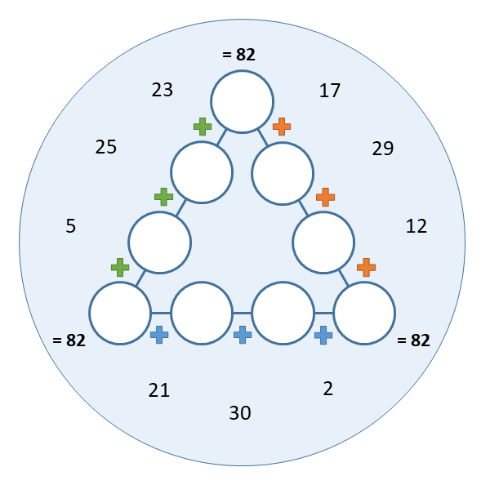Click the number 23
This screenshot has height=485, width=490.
pos(163,90)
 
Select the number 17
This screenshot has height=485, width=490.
pos(330,91)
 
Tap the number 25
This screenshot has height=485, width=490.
pos(106,147)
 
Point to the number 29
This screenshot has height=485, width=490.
pos(383,149)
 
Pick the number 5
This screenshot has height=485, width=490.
pos(70,226)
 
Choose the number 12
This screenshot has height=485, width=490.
pos(416,226)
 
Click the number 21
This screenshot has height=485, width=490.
pos(158,390)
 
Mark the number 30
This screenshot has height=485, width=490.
pos(240,413)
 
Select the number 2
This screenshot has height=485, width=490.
pos(327,389)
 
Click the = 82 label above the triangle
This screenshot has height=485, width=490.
pos(238,55)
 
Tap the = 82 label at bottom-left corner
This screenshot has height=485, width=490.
pos(69,340)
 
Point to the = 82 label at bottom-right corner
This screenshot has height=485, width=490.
pos(413,340)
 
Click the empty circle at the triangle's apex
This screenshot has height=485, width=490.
pos(243,102)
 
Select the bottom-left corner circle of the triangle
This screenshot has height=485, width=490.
pos(120,313)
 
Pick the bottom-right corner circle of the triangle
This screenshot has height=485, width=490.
pos(364,313)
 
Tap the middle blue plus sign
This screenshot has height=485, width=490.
pos(243,335)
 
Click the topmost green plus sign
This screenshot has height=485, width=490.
pos(203,127)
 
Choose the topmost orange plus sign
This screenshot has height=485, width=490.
pos(282,127)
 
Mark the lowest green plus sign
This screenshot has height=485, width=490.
pos(120,268)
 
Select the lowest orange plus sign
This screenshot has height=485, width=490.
pos(366,268)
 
